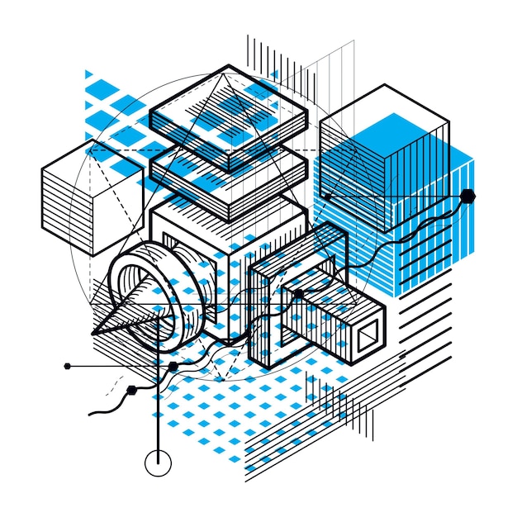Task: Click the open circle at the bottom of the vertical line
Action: [x=156, y=464]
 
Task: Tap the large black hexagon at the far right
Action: [x=468, y=196]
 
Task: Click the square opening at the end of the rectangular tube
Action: [x=366, y=337]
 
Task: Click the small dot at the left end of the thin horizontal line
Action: [x=65, y=365]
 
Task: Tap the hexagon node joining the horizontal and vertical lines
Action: [x=173, y=365]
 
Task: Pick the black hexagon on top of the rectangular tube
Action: [x=297, y=293]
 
